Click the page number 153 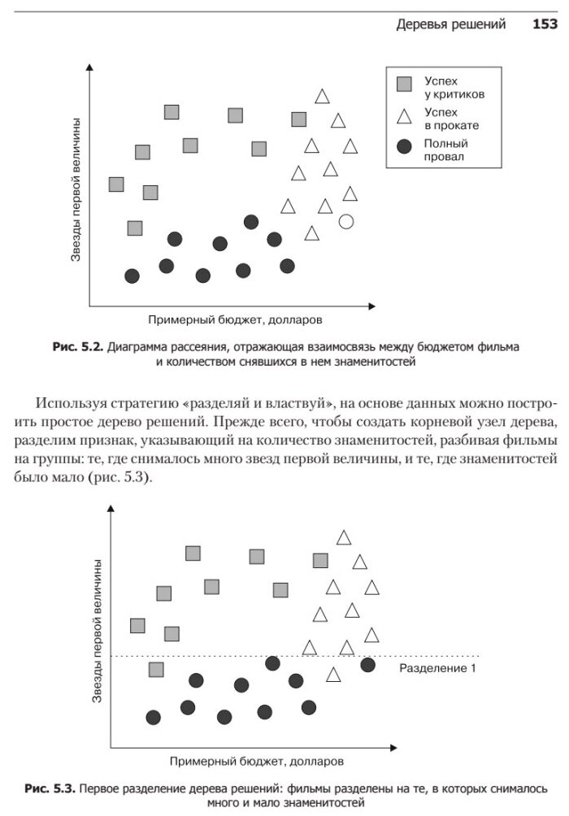(544, 24)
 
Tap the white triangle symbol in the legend (403, 116)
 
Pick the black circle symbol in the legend (403, 147)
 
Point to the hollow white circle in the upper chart (345, 220)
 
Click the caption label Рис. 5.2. (77, 347)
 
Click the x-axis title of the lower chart (256, 762)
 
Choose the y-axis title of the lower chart (96, 631)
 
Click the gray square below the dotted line (156, 670)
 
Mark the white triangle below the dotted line (333, 675)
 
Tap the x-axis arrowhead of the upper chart (371, 306)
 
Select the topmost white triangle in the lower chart (344, 537)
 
